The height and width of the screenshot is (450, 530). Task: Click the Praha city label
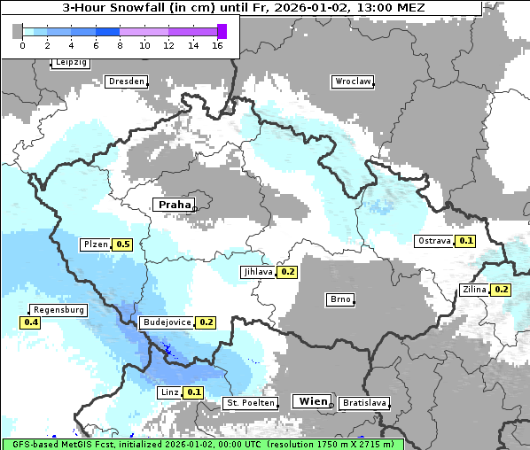[175, 205]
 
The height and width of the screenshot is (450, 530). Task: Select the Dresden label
[126, 81]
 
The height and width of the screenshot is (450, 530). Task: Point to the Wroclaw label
[352, 81]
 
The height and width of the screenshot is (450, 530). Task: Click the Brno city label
[340, 299]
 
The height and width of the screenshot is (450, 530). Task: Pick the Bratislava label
[364, 403]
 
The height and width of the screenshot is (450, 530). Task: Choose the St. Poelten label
[252, 403]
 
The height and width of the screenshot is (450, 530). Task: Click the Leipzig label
[70, 62]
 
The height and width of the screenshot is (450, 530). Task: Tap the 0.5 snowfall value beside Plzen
[123, 244]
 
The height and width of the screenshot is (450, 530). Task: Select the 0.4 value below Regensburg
[31, 323]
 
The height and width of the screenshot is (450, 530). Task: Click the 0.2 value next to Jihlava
[287, 272]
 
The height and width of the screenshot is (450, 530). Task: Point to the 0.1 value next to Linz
[194, 392]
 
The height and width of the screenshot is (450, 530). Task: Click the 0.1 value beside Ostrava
[465, 241]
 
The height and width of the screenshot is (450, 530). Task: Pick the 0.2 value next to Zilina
[501, 290]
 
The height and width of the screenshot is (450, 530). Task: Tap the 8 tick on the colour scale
[120, 46]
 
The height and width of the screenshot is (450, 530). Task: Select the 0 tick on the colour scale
[21, 46]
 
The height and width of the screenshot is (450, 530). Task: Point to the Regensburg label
[59, 310]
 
